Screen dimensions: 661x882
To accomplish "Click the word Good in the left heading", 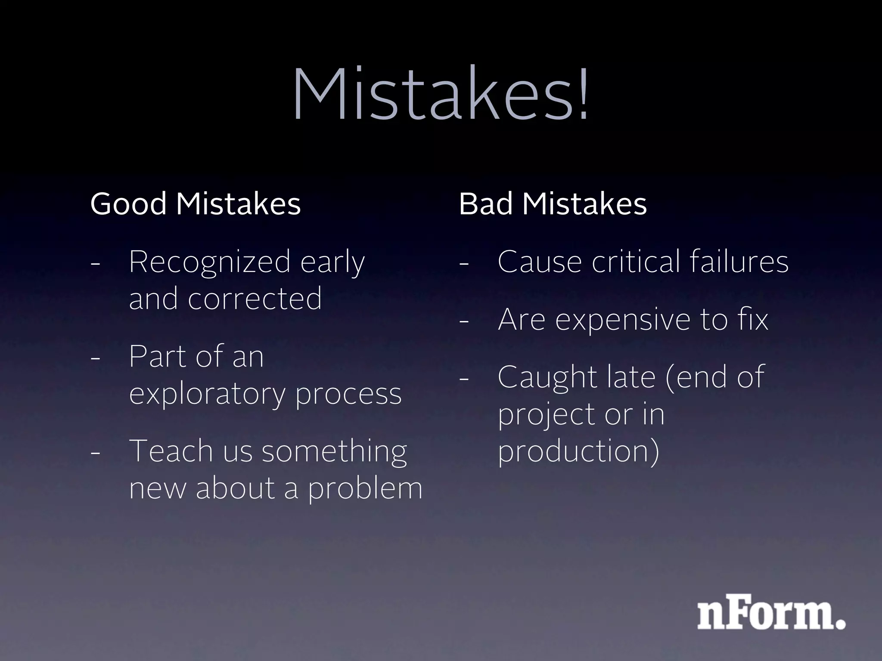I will click(x=128, y=204).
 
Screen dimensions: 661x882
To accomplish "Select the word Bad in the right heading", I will click(x=486, y=204).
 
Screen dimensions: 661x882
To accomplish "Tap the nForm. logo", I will click(x=771, y=611).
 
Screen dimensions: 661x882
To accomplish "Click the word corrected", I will click(x=255, y=298).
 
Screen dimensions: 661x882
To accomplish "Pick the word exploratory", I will click(x=207, y=394).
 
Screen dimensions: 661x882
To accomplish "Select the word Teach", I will click(x=171, y=451).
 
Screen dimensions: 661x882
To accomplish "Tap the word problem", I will click(x=365, y=489).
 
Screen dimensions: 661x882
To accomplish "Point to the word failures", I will click(x=739, y=261).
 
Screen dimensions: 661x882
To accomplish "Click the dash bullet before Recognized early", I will click(x=96, y=263).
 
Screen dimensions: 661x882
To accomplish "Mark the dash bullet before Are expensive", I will click(x=464, y=321).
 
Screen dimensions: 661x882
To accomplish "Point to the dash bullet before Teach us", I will click(x=96, y=452).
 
